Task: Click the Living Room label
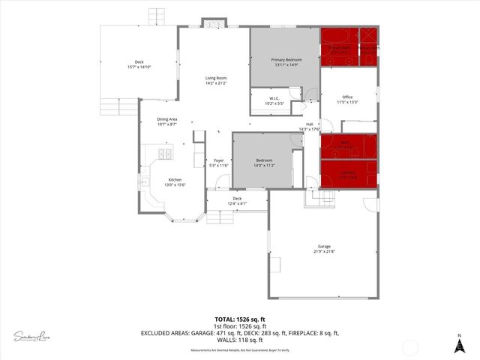[x=216, y=78]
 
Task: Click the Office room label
[x=347, y=97]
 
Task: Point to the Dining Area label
[x=167, y=119]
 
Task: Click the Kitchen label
[x=175, y=180]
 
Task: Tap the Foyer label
[x=219, y=160]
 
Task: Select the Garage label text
[x=324, y=246]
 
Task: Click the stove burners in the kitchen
[x=164, y=154]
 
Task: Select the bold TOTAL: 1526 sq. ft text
[x=239, y=319]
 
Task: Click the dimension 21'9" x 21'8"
[x=324, y=252]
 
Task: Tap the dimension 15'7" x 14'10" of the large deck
[x=139, y=67]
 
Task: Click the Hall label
[x=309, y=124]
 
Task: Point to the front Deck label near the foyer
[x=237, y=198]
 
